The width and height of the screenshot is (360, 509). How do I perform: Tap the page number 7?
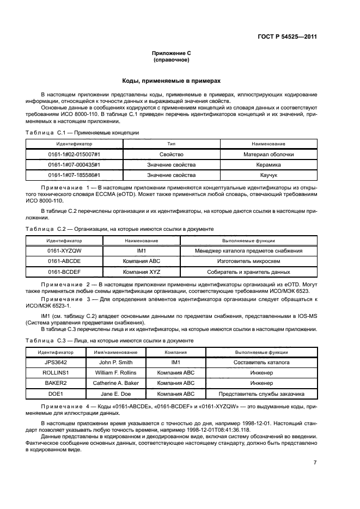(x=315, y=463)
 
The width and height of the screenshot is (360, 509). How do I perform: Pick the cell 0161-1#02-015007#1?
(x=74, y=155)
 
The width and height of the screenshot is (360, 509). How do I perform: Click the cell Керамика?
(x=269, y=165)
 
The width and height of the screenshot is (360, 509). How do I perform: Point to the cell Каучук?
(x=269, y=175)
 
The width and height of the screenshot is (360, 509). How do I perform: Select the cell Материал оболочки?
(x=269, y=155)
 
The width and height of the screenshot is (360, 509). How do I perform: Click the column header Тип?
(x=171, y=144)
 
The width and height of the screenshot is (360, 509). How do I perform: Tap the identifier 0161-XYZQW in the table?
(x=64, y=250)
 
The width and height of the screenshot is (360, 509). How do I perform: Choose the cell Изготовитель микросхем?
(x=248, y=261)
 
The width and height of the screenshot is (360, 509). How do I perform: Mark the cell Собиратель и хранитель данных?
(x=248, y=272)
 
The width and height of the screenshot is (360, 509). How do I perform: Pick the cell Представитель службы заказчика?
(x=261, y=394)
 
